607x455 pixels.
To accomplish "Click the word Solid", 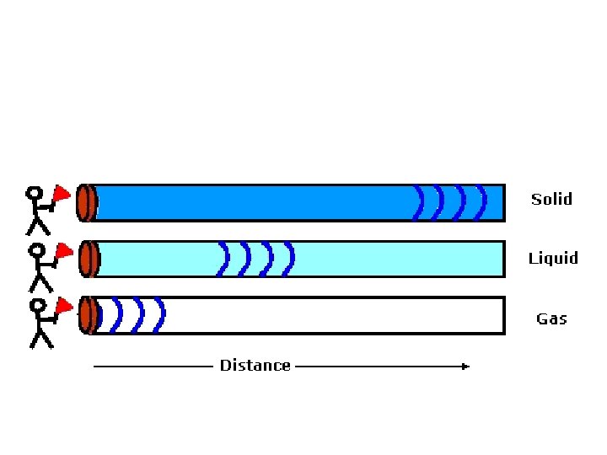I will point(551,199).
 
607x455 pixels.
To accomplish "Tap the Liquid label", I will point(553,258).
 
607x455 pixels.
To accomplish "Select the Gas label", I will point(551,318).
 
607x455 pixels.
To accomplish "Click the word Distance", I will point(255,365).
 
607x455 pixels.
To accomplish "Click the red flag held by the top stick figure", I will point(61,195).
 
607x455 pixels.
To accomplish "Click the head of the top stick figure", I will point(35,193).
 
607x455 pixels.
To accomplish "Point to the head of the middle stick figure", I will point(36,250).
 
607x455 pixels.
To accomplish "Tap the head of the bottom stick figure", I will point(37,306).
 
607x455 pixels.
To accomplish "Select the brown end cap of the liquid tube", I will point(86,259).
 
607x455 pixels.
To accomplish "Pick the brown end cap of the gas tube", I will point(86,315).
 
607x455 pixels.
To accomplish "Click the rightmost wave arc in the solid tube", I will point(482,202).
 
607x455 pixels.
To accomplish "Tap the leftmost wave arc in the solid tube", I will point(419,202).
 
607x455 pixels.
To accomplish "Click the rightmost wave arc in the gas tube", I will point(161,315).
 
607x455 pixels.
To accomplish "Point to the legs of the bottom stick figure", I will point(40,338).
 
